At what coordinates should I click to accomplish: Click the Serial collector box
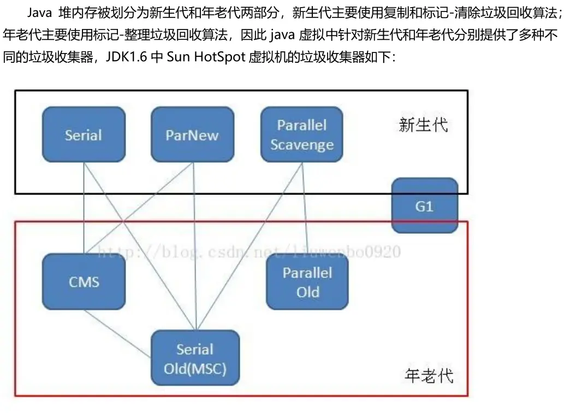click(84, 134)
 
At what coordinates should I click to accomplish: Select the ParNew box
click(192, 134)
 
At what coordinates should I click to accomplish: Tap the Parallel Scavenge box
click(302, 134)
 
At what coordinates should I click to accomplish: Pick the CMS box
click(84, 281)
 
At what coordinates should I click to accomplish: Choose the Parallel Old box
click(307, 282)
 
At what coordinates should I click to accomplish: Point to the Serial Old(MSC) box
click(195, 358)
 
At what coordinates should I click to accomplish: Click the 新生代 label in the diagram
click(423, 125)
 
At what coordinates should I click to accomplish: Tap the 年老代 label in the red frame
click(429, 375)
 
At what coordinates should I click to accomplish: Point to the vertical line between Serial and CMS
click(84, 208)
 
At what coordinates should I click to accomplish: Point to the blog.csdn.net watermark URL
click(248, 252)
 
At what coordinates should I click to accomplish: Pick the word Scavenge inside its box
click(302, 145)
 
